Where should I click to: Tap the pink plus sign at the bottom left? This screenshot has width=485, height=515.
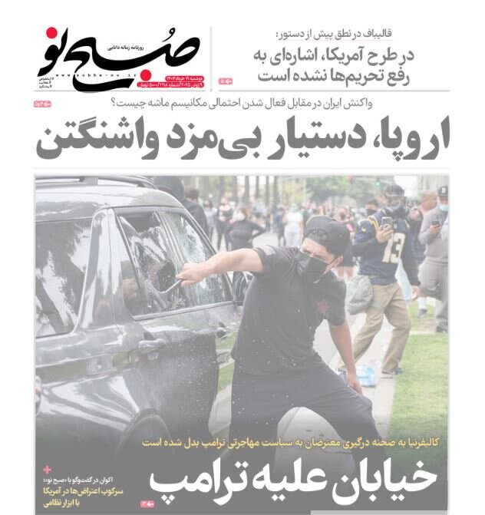48,469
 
